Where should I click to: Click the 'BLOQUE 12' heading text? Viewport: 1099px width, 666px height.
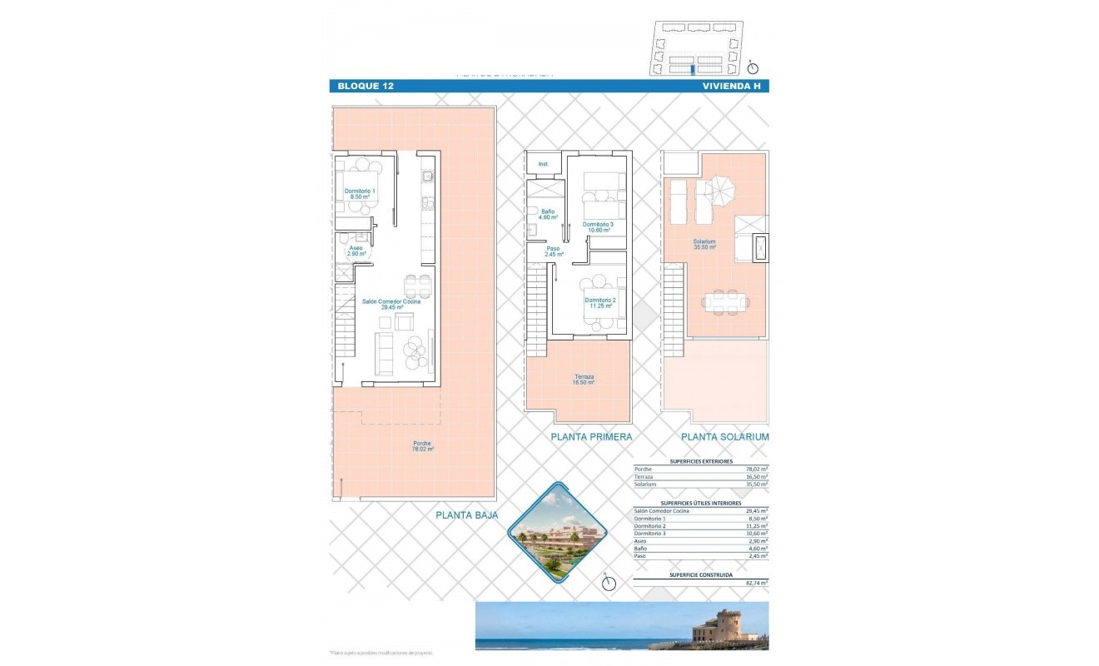366,86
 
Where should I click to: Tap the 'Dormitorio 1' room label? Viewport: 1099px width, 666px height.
360,194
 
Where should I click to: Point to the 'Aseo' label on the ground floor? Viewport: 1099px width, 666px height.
356,250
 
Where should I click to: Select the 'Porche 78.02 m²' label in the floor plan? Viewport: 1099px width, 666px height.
423,446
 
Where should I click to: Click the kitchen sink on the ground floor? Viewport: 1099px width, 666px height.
427,176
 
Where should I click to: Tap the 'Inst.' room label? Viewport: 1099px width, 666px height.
544,164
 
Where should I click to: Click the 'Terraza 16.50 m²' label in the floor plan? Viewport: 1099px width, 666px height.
582,380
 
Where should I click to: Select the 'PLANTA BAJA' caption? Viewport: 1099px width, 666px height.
466,515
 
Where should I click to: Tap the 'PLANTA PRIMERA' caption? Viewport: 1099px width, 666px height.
591,436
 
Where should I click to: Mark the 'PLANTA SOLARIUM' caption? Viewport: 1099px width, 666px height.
724,436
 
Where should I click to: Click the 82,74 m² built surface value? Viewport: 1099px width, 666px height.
757,584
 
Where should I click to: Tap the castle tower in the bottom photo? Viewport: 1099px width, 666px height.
723,625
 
